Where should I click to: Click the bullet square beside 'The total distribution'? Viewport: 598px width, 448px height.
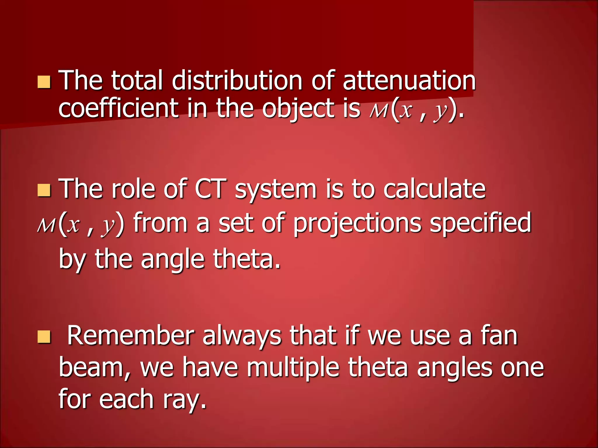point(44,82)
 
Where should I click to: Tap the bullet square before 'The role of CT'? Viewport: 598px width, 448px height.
point(44,190)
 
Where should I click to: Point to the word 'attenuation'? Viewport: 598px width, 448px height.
point(409,81)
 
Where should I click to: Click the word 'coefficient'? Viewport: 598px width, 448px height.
point(118,108)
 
